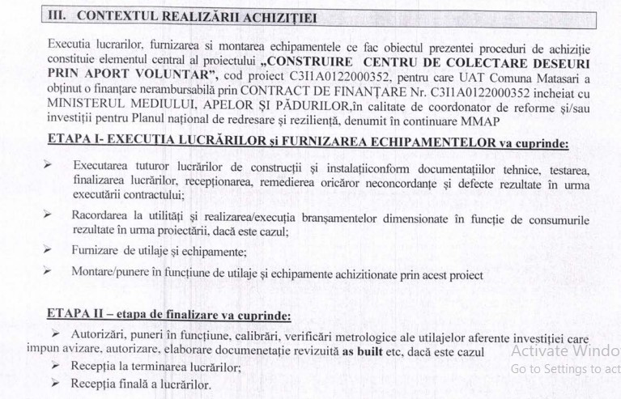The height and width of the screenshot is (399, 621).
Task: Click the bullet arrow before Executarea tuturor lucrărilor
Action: (48, 164)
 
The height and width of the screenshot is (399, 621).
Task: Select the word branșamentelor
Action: (347, 216)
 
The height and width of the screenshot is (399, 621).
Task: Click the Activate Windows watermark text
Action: (565, 350)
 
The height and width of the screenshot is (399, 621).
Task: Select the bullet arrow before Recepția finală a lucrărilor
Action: (54, 384)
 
